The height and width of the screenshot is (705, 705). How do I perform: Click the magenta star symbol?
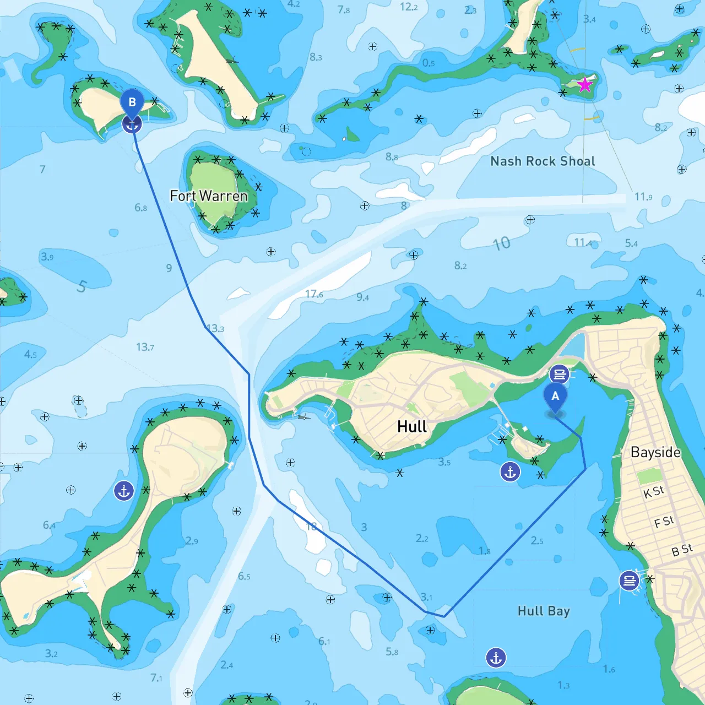[584, 85]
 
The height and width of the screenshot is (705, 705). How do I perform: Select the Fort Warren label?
[209, 196]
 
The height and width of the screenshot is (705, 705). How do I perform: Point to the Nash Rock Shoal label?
[543, 161]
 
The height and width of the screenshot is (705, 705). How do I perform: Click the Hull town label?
[412, 427]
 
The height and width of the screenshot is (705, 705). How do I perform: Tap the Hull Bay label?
[544, 611]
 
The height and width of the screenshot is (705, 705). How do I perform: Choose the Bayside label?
[655, 452]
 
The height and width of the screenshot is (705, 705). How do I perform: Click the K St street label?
[654, 492]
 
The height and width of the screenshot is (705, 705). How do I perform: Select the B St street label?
[682, 550]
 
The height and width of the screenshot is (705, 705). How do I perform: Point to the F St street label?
[664, 522]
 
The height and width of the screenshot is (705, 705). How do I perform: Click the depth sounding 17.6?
[314, 294]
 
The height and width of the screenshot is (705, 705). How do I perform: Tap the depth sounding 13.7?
[145, 347]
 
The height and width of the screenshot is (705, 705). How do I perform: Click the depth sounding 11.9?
[643, 197]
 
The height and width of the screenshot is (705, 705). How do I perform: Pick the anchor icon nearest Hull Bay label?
[496, 657]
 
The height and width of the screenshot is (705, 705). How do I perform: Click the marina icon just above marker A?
[559, 375]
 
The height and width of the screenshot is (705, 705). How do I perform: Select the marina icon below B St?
[629, 581]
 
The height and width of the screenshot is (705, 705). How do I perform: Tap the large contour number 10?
[501, 243]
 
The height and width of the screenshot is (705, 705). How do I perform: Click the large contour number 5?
[82, 286]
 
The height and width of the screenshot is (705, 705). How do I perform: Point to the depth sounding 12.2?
[409, 7]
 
